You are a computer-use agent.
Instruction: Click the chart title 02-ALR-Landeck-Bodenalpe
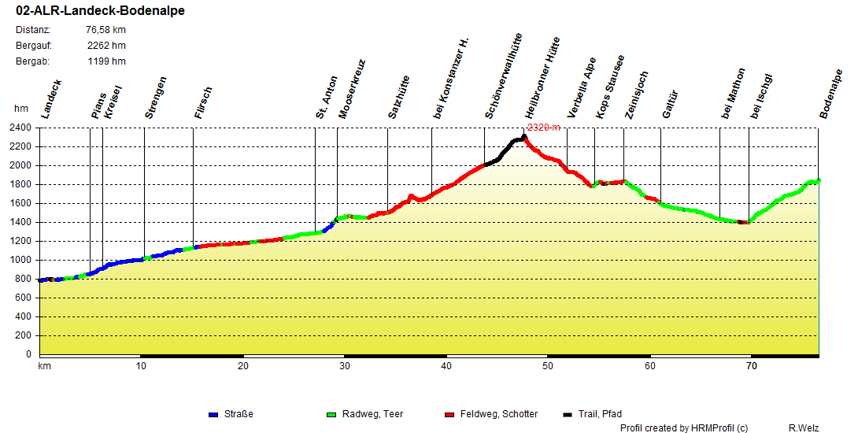tap(100, 11)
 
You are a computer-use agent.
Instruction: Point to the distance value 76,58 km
tap(105, 30)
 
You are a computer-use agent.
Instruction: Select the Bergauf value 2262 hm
tap(106, 46)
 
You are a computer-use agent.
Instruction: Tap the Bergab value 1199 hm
tap(106, 61)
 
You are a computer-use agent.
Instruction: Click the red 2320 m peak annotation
tap(544, 128)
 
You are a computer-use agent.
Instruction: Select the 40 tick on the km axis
tap(446, 365)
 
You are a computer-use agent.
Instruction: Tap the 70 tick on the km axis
tap(752, 365)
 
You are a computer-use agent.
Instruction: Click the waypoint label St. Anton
tap(327, 98)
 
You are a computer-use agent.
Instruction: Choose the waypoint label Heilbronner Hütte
tap(542, 77)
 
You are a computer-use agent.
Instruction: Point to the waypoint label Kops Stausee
tap(610, 87)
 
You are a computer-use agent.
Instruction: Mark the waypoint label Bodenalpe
tap(831, 94)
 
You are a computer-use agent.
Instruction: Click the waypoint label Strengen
tap(156, 98)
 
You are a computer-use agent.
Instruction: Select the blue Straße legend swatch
tap(213, 414)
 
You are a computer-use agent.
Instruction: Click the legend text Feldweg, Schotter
tap(499, 414)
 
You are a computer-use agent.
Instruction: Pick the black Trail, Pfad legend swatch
tap(568, 414)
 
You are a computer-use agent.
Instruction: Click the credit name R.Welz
tap(804, 427)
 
